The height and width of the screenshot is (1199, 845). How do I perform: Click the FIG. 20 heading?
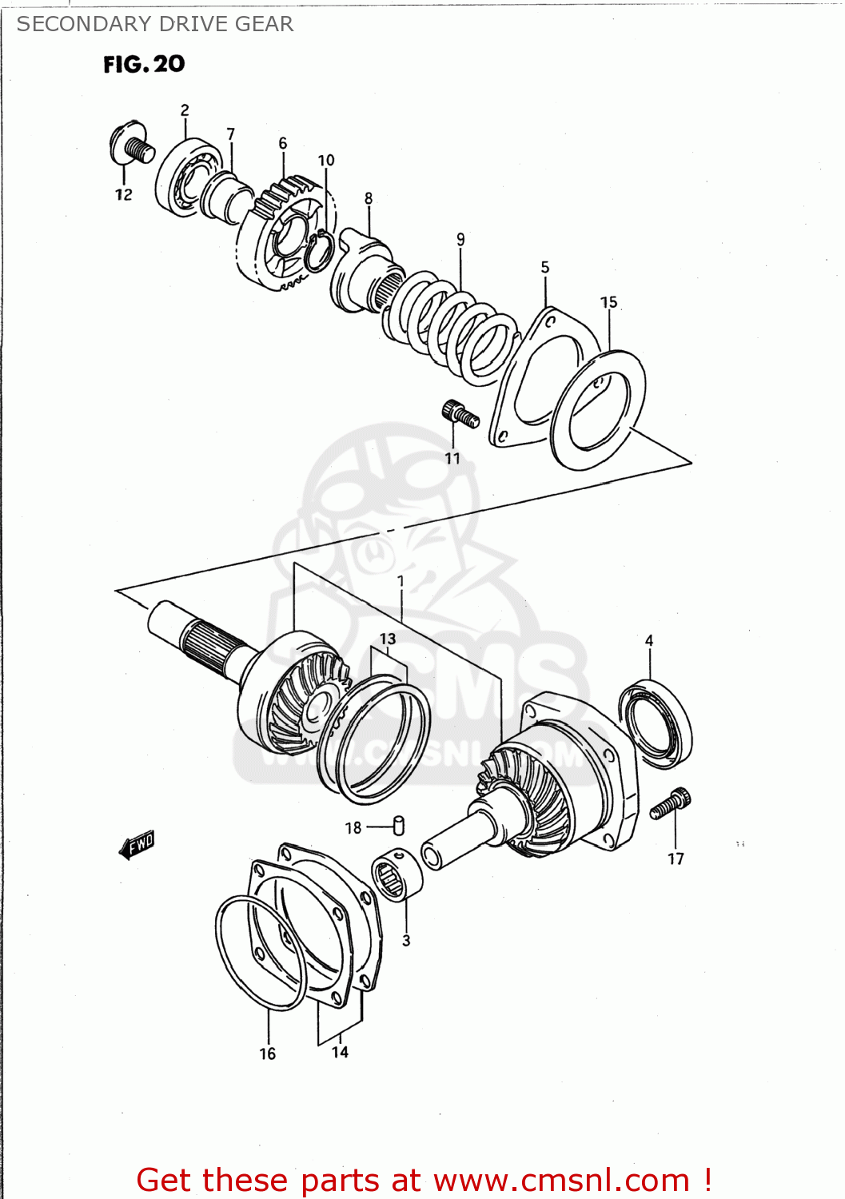click(x=144, y=64)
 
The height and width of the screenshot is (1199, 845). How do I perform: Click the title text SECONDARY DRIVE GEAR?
click(x=155, y=24)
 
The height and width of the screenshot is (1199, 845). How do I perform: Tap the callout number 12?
click(x=123, y=194)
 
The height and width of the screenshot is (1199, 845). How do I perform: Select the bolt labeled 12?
click(x=131, y=145)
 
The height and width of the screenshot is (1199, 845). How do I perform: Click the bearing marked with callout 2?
click(x=187, y=177)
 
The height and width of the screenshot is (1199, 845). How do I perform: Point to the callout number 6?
click(x=283, y=143)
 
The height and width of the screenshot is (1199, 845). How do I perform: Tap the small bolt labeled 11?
click(x=459, y=413)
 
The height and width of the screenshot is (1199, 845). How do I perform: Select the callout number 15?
click(x=609, y=302)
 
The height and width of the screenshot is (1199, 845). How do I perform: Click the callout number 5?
click(x=545, y=267)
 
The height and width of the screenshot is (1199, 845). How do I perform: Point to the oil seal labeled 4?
click(x=656, y=723)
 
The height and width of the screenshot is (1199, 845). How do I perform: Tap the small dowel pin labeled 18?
click(x=399, y=825)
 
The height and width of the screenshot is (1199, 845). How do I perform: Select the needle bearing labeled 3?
click(x=397, y=875)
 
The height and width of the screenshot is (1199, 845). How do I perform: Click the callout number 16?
click(x=268, y=1054)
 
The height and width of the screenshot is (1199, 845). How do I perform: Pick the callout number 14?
click(x=341, y=1052)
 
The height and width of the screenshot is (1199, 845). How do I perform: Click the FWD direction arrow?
click(x=137, y=844)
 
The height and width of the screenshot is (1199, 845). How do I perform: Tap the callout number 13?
click(x=388, y=639)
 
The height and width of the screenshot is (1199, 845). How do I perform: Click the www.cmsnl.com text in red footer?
click(x=561, y=1180)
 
